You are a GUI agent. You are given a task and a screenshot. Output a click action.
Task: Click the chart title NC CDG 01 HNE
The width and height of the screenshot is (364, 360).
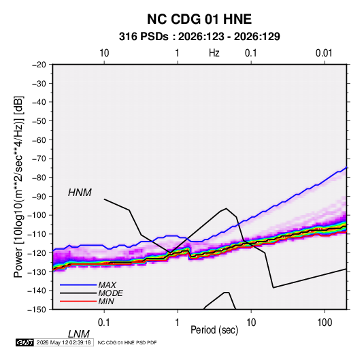point(199,19)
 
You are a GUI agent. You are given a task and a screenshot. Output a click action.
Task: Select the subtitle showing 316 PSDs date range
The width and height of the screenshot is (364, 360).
point(199,37)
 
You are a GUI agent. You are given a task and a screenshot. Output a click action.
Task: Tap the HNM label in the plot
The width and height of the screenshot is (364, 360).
point(80,193)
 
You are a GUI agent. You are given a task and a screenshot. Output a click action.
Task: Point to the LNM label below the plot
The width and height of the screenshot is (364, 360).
point(78,334)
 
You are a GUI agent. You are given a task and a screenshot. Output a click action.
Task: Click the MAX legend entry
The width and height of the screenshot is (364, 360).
point(107,285)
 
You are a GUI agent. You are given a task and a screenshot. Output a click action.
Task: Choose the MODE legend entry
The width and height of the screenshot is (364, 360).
point(110,293)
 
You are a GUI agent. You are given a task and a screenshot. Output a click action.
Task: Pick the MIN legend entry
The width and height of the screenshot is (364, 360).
point(106,301)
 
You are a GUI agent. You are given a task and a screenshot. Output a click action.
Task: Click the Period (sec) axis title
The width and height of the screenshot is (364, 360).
point(214,330)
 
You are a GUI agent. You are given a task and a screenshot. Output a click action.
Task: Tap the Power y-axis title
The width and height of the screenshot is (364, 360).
point(18,186)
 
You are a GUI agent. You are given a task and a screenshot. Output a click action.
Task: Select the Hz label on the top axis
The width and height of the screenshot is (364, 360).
point(214,53)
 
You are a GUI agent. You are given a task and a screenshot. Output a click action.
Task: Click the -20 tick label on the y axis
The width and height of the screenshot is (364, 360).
point(39,65)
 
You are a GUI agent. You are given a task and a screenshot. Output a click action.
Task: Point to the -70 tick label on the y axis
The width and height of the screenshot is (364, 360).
point(39,159)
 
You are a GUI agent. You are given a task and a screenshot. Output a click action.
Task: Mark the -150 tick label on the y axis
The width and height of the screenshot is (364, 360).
point(37,310)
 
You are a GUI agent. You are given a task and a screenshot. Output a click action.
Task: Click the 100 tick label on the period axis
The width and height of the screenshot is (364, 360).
point(325,323)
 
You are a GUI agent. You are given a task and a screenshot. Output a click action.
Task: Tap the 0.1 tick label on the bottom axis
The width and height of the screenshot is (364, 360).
point(104,323)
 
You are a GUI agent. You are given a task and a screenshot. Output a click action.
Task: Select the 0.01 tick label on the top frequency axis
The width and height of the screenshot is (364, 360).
point(324,53)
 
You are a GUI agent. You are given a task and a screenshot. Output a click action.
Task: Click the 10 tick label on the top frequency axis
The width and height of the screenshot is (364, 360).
point(104,53)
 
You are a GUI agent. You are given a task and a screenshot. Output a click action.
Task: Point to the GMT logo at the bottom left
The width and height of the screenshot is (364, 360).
point(25,342)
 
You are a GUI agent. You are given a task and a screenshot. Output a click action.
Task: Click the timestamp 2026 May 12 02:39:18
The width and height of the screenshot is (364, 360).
point(63,342)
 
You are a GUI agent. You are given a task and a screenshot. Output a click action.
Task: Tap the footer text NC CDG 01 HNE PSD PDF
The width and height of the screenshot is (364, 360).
point(127,342)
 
